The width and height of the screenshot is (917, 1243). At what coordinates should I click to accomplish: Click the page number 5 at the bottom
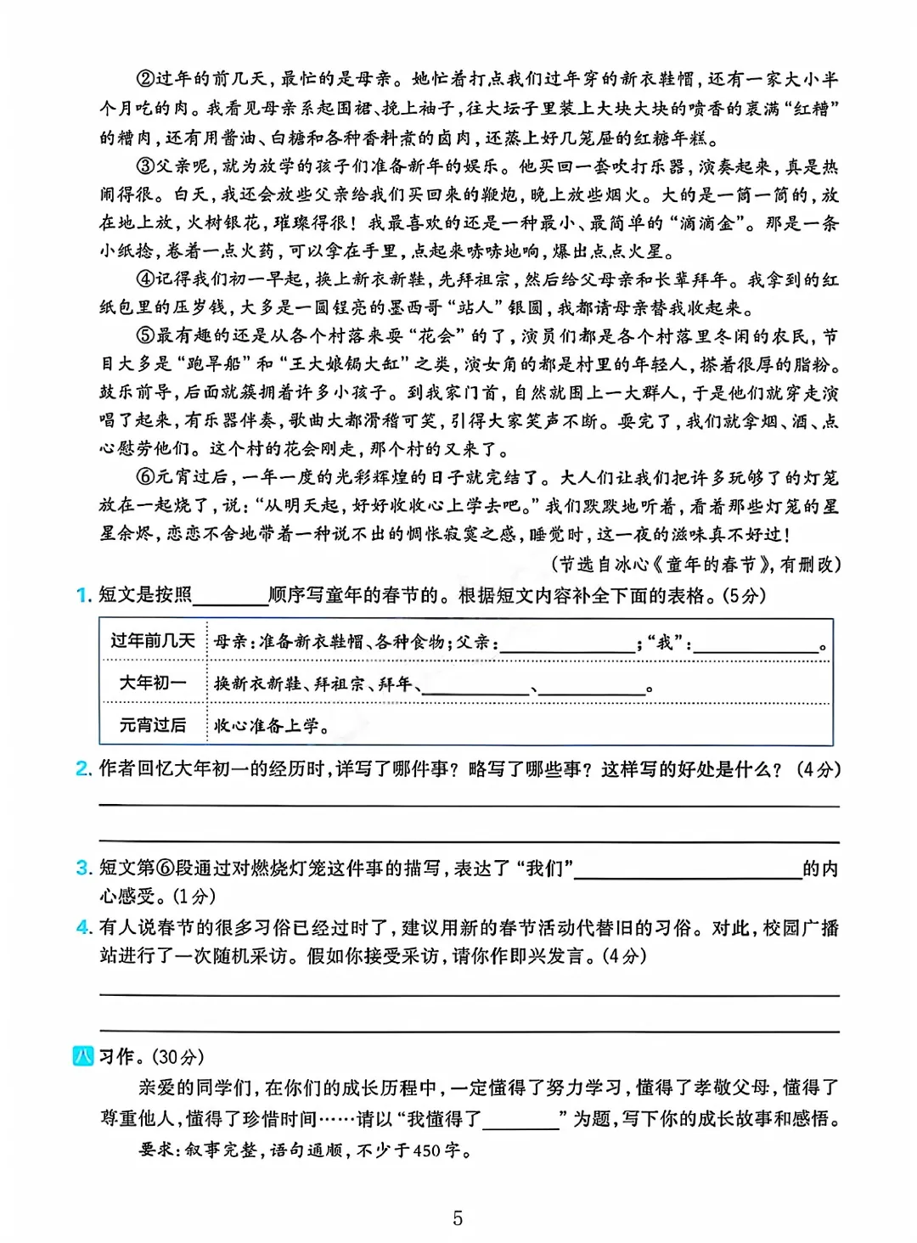click(458, 1218)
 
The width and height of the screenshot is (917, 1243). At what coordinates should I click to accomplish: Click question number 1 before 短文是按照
click(82, 595)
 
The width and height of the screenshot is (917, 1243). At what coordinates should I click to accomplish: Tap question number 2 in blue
click(82, 769)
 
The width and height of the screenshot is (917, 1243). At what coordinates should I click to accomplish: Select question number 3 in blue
click(82, 868)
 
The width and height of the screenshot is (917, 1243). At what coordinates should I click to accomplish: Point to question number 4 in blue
click(82, 928)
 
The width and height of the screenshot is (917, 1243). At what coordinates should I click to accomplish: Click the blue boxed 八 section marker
click(83, 1057)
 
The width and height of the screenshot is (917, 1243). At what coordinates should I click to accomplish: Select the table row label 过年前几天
click(153, 640)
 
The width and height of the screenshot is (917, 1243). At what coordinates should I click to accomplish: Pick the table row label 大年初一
click(153, 683)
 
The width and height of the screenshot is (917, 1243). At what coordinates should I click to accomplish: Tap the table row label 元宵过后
click(153, 725)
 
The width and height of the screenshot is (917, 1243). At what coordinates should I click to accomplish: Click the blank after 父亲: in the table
click(567, 644)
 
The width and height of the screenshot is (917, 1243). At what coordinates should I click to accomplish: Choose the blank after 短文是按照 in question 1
click(230, 597)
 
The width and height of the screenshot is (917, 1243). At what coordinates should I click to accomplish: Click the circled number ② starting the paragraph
click(146, 79)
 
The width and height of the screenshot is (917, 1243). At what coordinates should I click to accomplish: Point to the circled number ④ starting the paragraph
click(146, 279)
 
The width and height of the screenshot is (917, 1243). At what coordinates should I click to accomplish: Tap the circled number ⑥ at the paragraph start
click(146, 477)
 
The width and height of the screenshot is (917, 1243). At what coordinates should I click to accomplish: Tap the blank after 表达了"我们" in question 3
click(688, 869)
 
